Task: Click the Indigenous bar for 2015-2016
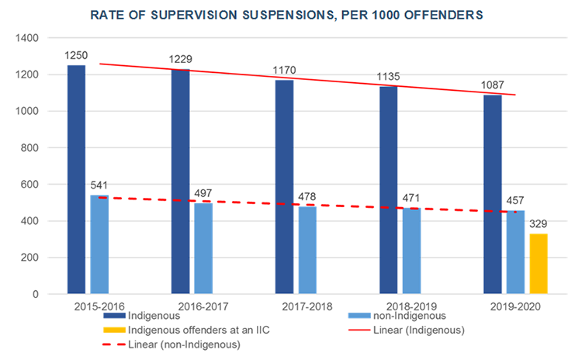tap(76, 179)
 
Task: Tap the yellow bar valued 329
tap(538, 264)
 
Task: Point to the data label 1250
tap(77, 57)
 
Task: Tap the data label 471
tap(412, 199)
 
